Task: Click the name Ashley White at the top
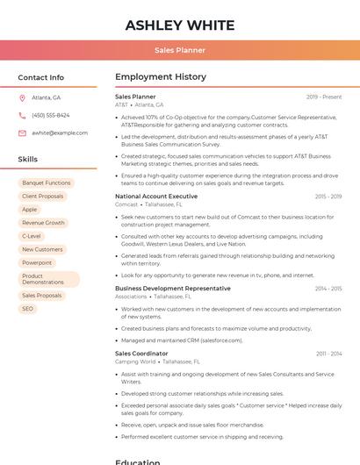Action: [x=180, y=25]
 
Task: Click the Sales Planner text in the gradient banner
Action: [x=180, y=50]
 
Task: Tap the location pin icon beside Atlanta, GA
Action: [x=22, y=98]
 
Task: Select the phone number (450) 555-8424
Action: [x=50, y=115]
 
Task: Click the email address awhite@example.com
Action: [x=60, y=132]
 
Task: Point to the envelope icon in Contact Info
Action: [x=22, y=132]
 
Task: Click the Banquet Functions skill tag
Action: [x=46, y=183]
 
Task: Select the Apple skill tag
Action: [x=30, y=210]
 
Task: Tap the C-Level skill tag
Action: [x=32, y=236]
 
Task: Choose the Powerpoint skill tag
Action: [x=37, y=262]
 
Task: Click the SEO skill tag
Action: [x=28, y=309]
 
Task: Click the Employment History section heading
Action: [x=161, y=77]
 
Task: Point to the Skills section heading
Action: [x=27, y=160]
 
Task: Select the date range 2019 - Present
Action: [x=324, y=97]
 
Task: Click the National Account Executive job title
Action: [x=156, y=197]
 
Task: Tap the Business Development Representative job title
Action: [x=173, y=289]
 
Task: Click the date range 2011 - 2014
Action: [x=328, y=354]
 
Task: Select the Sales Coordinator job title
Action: [x=141, y=354]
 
